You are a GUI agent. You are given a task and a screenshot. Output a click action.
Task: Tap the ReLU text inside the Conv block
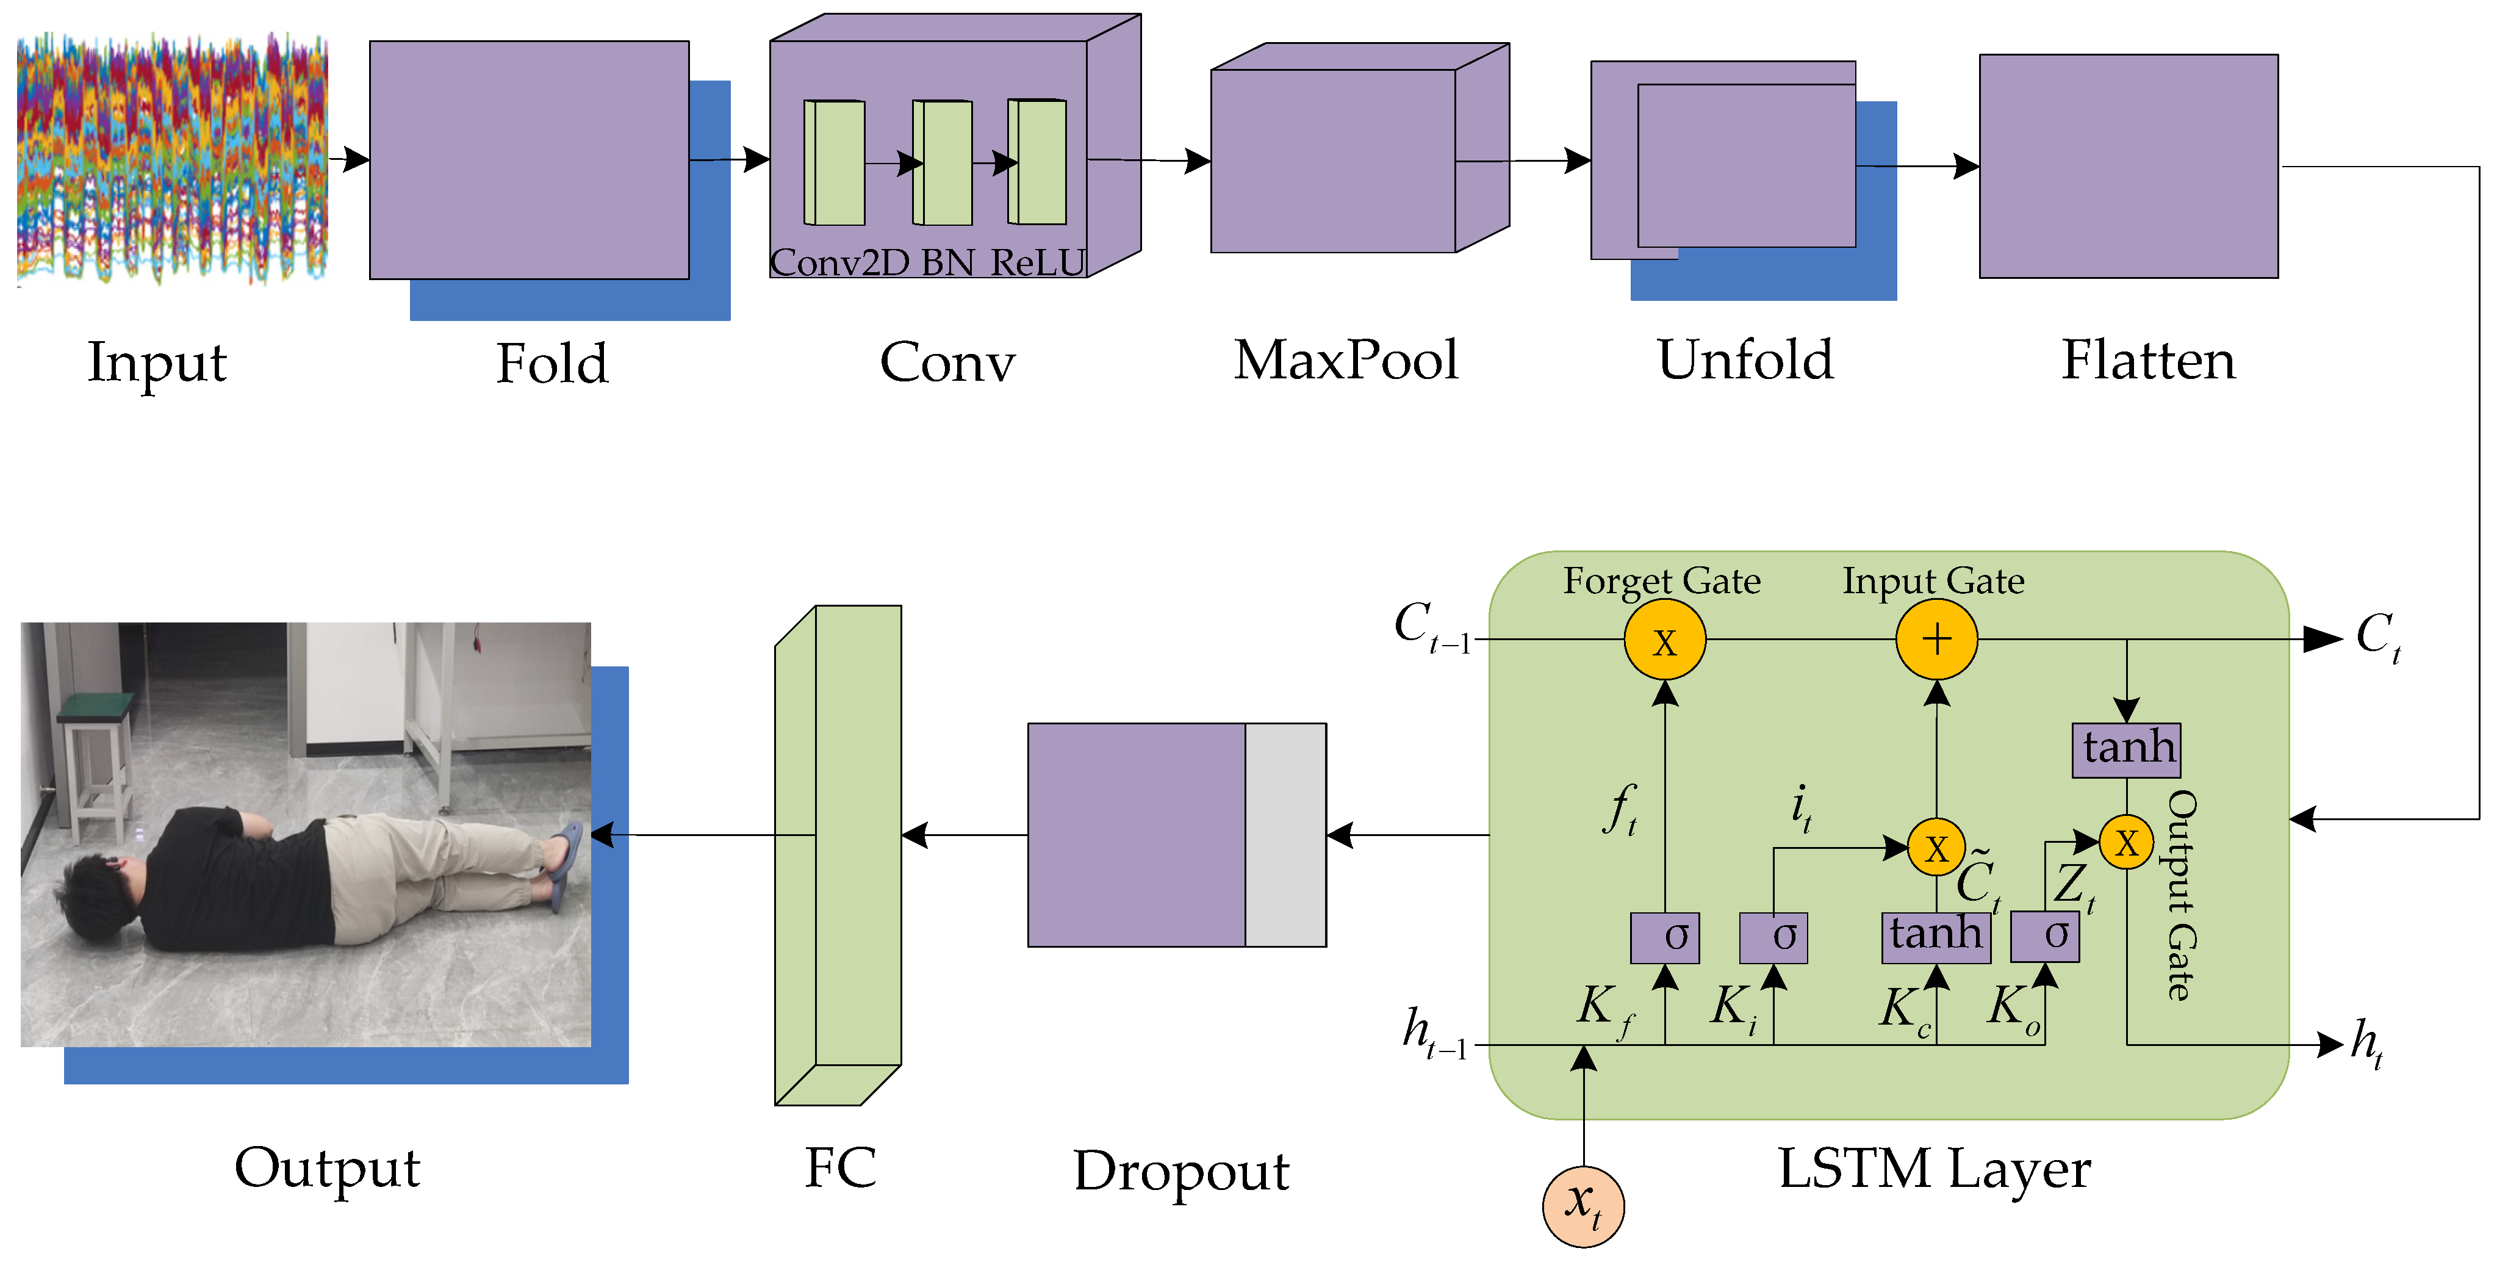coord(1037,262)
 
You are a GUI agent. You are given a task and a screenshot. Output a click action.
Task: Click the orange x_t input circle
coord(1583,1206)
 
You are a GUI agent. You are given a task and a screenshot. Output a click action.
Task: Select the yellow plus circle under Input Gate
coord(1936,640)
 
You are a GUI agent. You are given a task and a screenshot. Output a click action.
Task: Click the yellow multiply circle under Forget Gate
coord(1664,640)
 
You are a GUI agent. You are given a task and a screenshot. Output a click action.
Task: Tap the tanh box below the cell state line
coord(2125,750)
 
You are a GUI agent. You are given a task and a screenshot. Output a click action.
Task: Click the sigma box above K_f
coord(1664,937)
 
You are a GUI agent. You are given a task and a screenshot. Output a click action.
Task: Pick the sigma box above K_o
coord(2044,936)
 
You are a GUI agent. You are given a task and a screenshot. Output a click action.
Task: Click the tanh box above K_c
coord(1936,936)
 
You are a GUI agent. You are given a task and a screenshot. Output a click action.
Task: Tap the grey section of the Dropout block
coord(1285,835)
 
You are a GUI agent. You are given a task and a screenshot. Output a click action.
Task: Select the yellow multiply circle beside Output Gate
coord(2125,842)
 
